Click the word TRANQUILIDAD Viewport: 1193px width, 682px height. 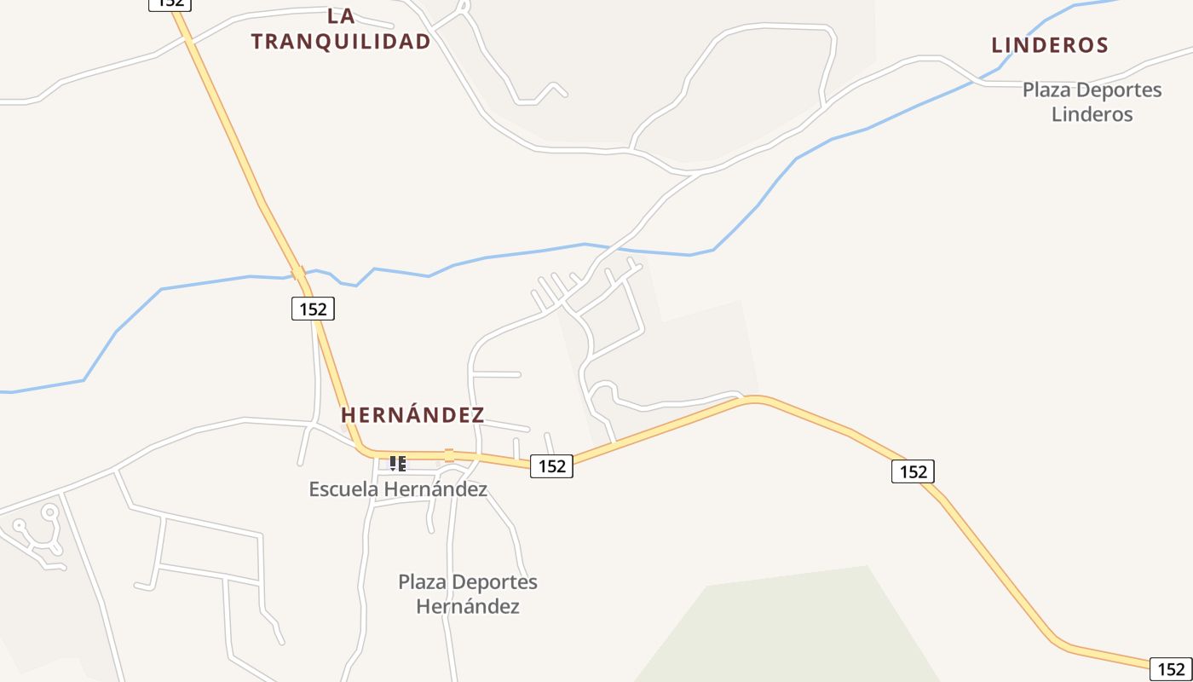341,41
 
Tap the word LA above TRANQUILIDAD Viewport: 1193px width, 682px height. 341,15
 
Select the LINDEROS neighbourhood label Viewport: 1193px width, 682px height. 1050,45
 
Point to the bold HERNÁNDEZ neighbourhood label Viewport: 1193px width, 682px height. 412,415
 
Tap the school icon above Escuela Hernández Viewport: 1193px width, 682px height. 397,464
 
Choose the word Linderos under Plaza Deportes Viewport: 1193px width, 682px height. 1092,114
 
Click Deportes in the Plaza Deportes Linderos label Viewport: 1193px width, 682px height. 1115,90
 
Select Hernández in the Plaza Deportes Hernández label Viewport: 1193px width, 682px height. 467,607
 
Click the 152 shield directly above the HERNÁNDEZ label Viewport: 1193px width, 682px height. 313,309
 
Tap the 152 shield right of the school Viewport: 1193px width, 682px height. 551,465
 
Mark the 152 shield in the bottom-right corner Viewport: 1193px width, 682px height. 1171,669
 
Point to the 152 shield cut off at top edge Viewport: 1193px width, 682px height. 170,4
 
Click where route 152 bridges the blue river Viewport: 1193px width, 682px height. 298,274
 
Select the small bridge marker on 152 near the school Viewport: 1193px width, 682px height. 449,455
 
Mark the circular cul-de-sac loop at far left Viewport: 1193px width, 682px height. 49,512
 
